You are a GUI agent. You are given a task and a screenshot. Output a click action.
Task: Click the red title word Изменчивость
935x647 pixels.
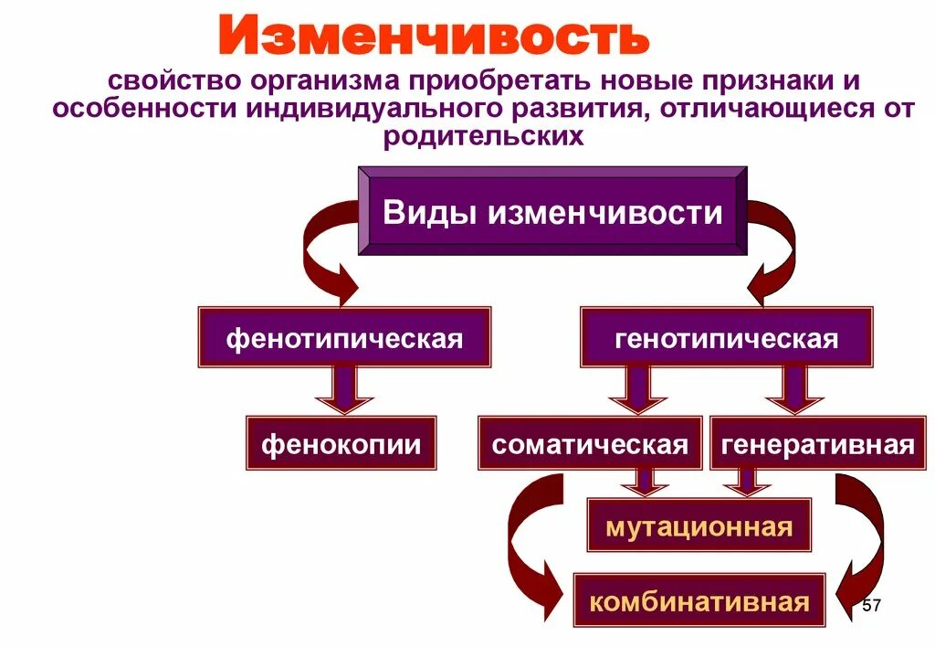pos(434,37)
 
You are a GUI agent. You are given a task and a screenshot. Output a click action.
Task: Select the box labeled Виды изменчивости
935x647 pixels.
pos(552,213)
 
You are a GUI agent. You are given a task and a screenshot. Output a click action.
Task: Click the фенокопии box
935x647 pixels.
pos(341,444)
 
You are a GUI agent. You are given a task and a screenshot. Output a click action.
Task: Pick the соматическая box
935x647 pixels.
pos(590,444)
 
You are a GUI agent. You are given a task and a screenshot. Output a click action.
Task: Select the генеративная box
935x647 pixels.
pos(817,444)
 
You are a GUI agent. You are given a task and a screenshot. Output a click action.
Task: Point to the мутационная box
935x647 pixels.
pos(698,526)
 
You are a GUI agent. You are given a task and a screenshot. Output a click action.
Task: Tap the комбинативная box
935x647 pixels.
pos(699,601)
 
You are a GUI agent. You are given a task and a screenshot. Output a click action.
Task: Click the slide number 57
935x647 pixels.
pos(871,606)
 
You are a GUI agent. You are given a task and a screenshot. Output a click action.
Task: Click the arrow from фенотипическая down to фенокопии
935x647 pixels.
pos(344,389)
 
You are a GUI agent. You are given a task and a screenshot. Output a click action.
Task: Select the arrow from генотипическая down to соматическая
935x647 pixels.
pos(637,389)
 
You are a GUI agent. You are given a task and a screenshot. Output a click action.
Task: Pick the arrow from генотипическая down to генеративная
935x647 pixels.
pos(794,389)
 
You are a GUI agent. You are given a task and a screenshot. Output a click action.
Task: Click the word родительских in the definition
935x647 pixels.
pos(483,137)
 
